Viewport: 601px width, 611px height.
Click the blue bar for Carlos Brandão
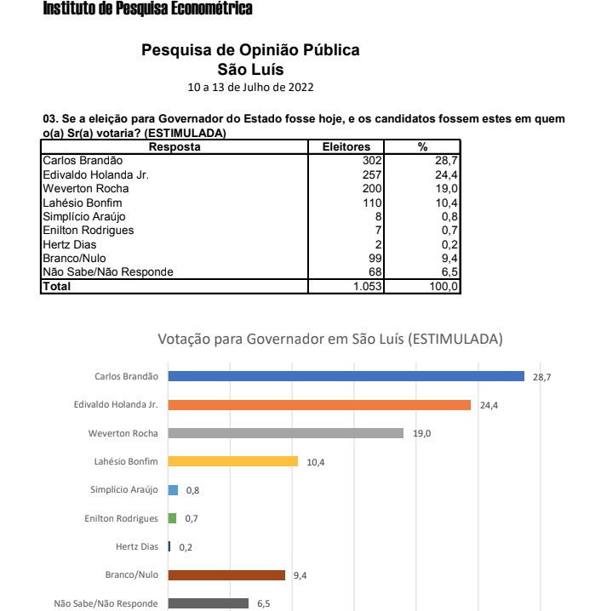(x=346, y=376)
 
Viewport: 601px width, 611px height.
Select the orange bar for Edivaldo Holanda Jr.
(x=319, y=405)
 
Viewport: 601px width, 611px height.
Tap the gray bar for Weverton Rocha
(x=285, y=433)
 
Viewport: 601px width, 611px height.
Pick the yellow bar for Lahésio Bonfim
(x=232, y=461)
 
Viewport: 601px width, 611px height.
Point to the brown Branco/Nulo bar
(x=226, y=575)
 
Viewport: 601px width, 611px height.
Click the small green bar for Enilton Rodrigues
(x=172, y=518)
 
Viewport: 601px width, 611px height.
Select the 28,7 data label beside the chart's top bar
(x=542, y=376)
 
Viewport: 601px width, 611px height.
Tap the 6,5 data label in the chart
(x=264, y=603)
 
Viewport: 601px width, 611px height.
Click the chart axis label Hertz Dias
(x=137, y=546)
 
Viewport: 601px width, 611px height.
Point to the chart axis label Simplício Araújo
(x=124, y=489)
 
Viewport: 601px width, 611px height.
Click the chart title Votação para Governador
(x=330, y=340)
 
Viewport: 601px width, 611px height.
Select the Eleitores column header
(x=346, y=146)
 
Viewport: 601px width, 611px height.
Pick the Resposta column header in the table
(x=175, y=146)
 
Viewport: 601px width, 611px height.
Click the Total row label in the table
(x=58, y=287)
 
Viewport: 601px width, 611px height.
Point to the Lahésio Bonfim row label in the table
(x=83, y=203)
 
